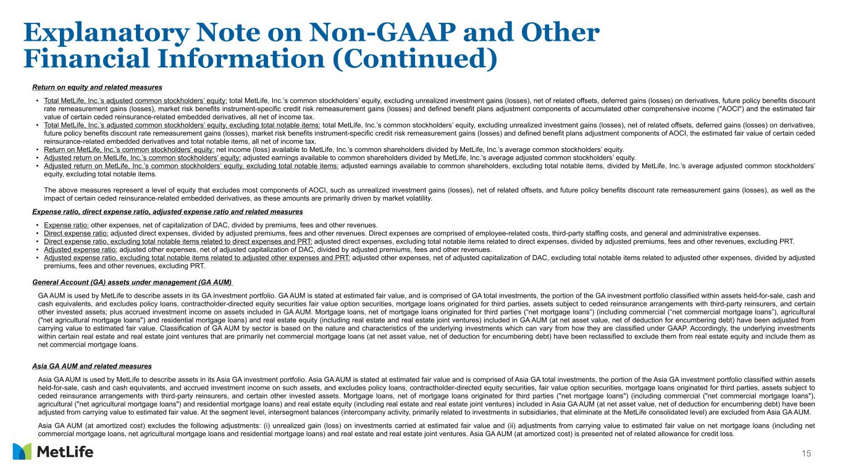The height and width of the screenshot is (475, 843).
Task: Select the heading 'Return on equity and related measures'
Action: (97, 87)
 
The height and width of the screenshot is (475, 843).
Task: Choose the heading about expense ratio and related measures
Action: (167, 211)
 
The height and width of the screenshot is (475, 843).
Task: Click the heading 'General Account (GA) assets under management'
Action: (132, 282)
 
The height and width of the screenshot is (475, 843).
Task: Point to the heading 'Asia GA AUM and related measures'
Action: (92, 366)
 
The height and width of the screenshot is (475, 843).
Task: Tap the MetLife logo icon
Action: (22, 452)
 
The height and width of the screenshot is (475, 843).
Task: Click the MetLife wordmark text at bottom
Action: (65, 452)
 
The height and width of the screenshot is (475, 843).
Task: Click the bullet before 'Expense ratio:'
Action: (38, 224)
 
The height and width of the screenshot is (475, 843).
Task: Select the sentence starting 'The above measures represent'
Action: (426, 194)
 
